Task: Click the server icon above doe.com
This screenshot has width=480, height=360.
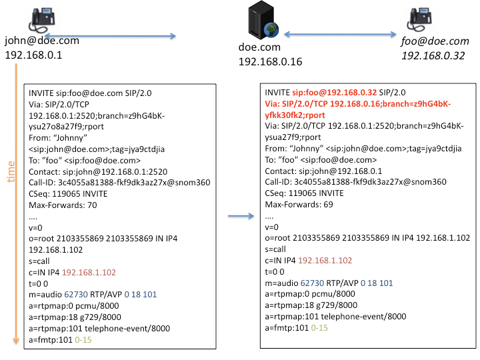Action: [x=263, y=20]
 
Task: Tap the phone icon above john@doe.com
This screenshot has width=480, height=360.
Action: [x=42, y=20]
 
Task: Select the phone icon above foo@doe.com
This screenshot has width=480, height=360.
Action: [x=419, y=19]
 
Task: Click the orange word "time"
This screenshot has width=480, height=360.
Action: [x=11, y=172]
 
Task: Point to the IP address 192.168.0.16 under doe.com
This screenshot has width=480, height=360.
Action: [x=270, y=61]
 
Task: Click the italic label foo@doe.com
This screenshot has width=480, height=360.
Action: [x=435, y=41]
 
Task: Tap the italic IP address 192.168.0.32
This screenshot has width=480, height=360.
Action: [x=433, y=56]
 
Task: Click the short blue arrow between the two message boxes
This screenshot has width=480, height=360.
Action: [x=241, y=216]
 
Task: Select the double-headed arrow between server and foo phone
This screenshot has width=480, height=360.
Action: [x=340, y=34]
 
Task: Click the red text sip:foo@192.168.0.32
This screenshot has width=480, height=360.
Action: [x=334, y=93]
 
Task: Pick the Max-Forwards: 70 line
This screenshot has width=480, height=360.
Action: [x=63, y=205]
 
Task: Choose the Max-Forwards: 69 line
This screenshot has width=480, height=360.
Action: [x=299, y=205]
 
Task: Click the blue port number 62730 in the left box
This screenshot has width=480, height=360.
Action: [x=76, y=295]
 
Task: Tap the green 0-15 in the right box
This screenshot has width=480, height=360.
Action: [x=319, y=328]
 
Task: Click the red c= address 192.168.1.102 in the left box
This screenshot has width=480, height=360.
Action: [x=89, y=273]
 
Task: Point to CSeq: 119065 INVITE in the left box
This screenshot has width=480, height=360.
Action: [x=68, y=194]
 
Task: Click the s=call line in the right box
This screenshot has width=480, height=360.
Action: [x=275, y=249]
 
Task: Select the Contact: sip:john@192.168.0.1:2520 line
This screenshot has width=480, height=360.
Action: [x=98, y=172]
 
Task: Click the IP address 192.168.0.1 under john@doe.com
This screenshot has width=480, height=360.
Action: [x=33, y=55]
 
